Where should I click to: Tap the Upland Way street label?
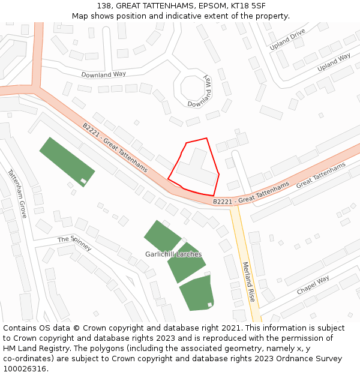click(334, 62)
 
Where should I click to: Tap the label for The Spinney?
click(74, 243)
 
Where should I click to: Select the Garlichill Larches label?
click(173, 254)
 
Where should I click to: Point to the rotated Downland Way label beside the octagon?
click(200, 92)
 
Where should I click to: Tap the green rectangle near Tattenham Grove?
click(67, 161)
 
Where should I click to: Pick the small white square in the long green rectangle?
click(83, 181)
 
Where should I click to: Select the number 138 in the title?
click(104, 5)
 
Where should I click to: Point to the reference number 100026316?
click(25, 368)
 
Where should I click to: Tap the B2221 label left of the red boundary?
click(115, 147)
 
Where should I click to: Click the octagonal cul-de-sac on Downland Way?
click(191, 89)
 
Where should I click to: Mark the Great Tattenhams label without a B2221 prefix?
click(321, 174)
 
